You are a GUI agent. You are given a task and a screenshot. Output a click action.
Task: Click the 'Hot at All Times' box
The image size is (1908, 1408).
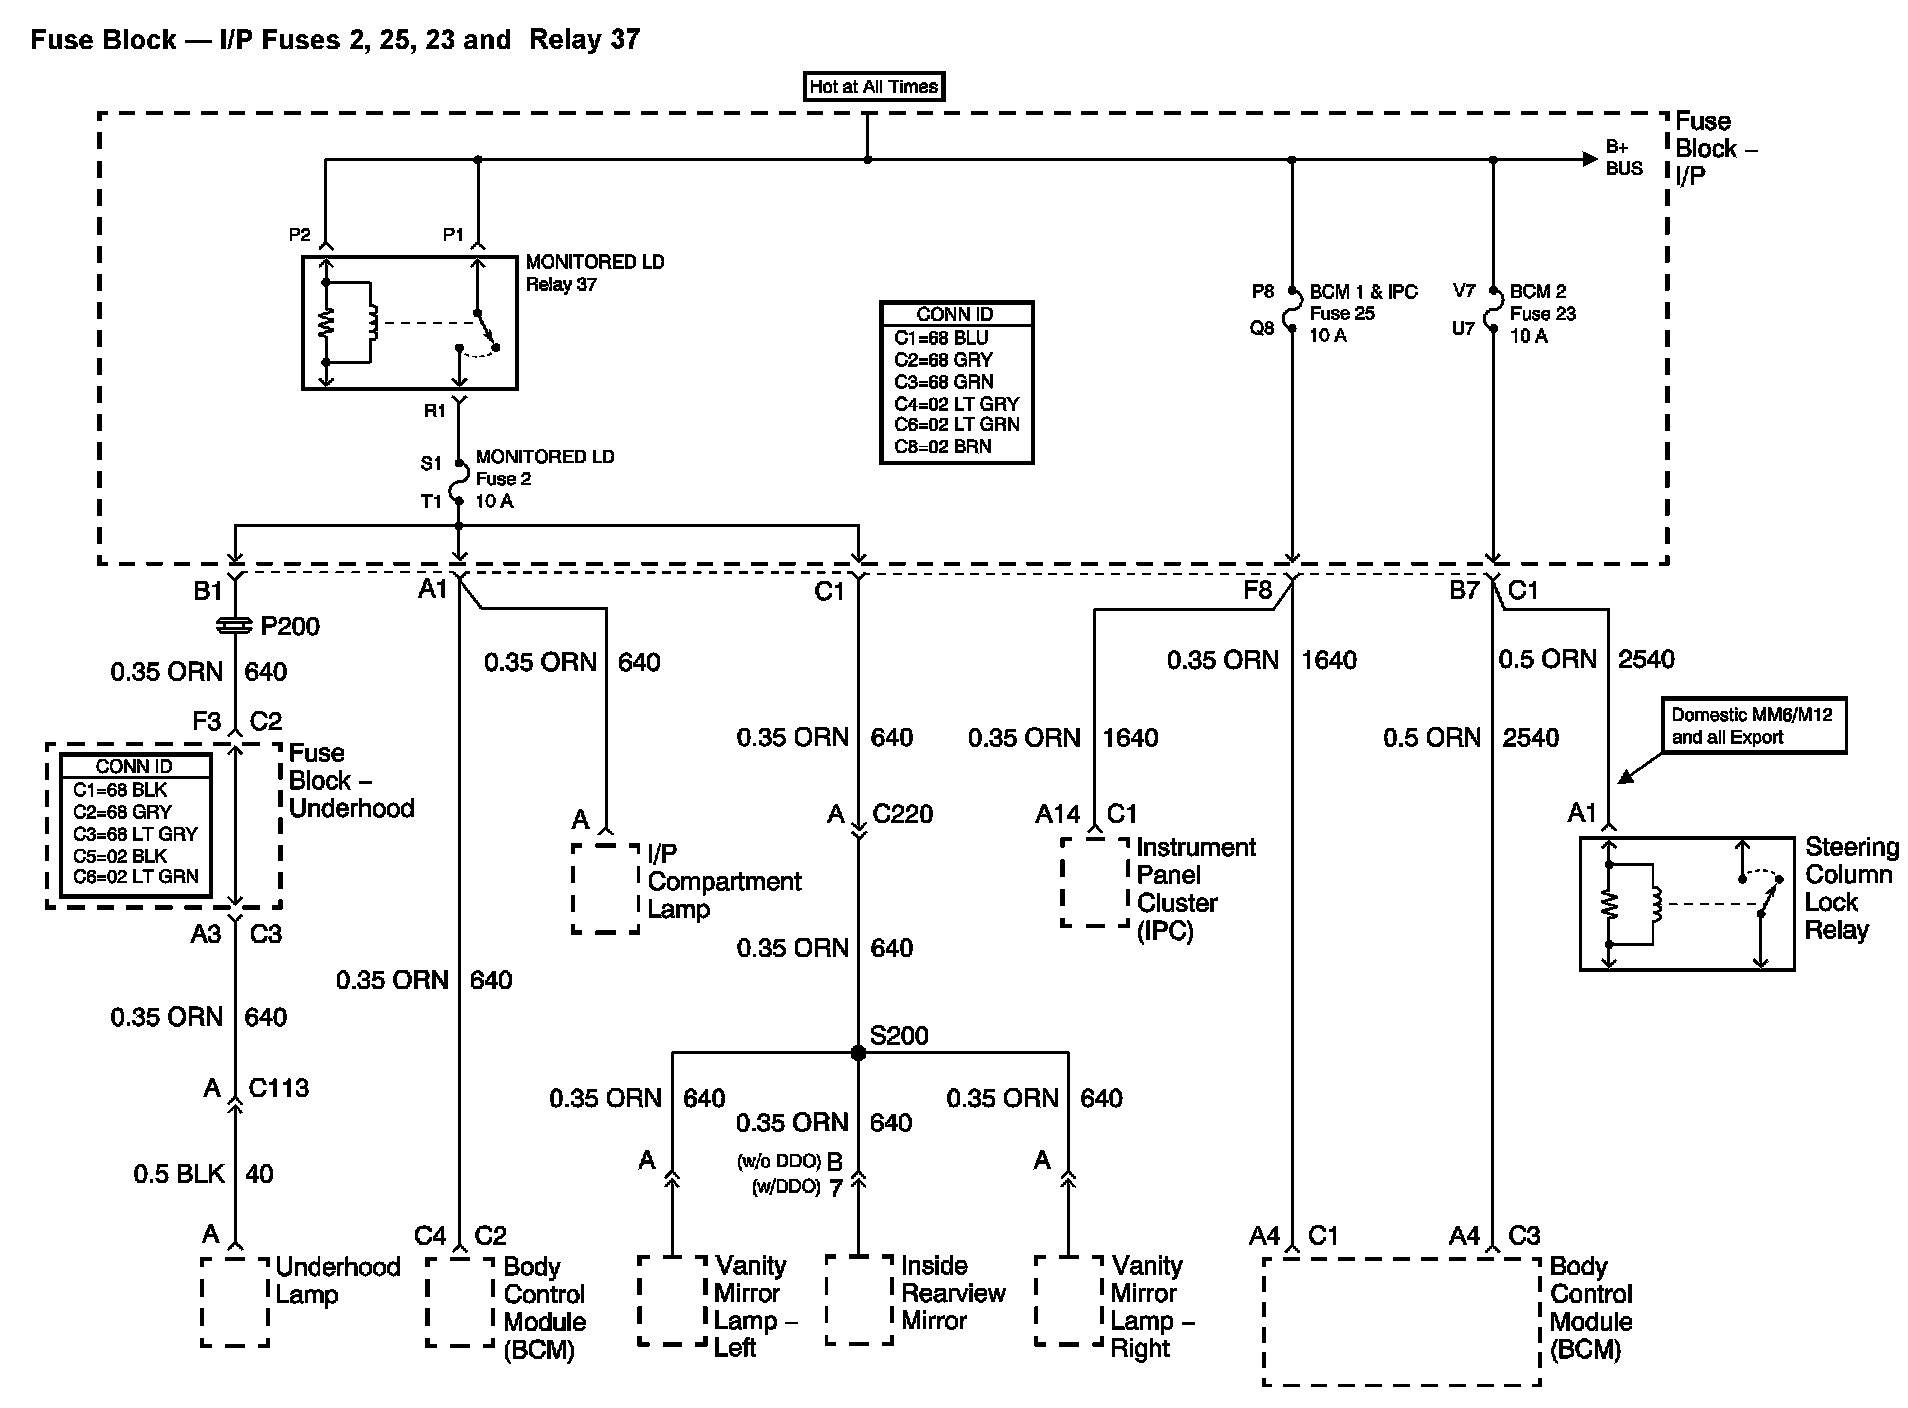(874, 87)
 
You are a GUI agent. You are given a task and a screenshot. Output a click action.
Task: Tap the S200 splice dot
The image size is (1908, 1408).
(858, 1053)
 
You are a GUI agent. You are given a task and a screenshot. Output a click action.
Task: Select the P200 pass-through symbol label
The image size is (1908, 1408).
(290, 627)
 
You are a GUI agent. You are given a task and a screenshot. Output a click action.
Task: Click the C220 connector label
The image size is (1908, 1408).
(902, 814)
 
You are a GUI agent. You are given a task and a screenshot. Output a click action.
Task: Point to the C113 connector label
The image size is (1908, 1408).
(278, 1088)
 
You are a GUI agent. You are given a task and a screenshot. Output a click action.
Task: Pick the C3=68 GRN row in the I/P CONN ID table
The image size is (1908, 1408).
(943, 382)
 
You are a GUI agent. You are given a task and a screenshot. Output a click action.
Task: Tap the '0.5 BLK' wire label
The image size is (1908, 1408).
(179, 1174)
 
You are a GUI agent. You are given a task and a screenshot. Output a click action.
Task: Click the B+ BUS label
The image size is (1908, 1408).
(1624, 158)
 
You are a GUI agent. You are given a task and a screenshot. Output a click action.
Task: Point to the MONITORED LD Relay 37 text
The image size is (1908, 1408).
(595, 273)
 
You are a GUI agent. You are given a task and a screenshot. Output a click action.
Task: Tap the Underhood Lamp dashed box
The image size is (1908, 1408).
(235, 1302)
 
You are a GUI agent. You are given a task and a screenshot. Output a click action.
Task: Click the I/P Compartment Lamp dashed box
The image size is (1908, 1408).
(606, 888)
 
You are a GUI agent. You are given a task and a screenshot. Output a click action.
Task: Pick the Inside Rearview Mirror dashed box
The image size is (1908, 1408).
(859, 1300)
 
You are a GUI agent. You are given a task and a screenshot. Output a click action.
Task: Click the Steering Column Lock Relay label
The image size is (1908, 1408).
(1850, 888)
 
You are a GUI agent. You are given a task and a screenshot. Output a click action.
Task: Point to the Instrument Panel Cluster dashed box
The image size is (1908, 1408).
(1095, 882)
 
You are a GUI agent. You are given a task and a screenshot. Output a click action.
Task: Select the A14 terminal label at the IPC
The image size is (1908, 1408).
(1058, 814)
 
